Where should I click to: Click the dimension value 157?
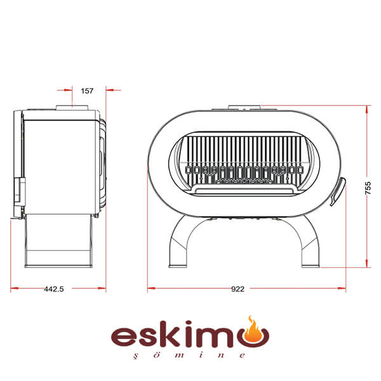tap(87, 91)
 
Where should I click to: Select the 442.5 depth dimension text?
tap(54, 289)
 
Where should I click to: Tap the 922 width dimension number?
tap(237, 289)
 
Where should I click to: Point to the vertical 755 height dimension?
tap(368, 188)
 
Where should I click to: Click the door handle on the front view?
tap(338, 192)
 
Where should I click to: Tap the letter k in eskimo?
tap(173, 333)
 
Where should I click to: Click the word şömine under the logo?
tap(190, 355)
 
